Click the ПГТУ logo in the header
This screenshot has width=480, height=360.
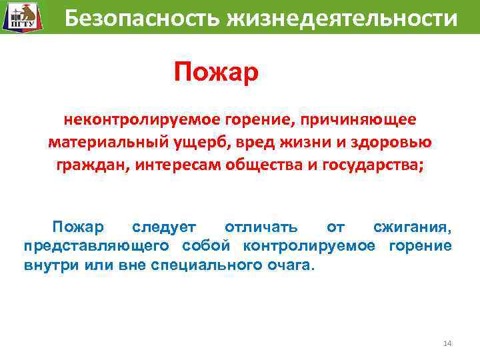click(20, 17)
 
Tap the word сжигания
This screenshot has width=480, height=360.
click(411, 228)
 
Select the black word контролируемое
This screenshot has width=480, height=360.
click(308, 246)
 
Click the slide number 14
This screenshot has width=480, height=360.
click(447, 343)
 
